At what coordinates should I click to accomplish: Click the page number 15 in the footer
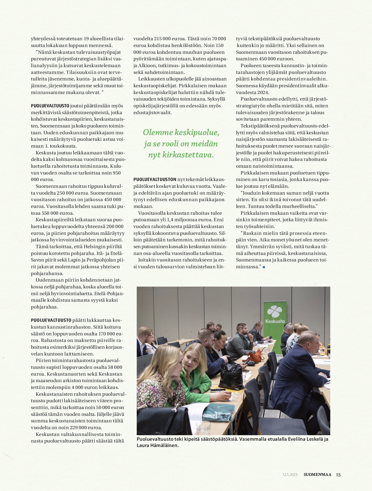[x=338, y=475]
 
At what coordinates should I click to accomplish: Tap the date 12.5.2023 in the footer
[x=290, y=475]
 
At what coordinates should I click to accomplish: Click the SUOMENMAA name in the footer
[x=317, y=475]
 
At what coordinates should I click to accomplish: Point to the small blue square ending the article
[x=264, y=267]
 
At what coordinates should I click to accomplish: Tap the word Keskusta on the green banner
[x=275, y=321]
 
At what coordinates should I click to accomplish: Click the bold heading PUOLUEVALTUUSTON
[x=155, y=180]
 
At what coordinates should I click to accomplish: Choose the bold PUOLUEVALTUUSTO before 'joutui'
[x=50, y=106]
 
